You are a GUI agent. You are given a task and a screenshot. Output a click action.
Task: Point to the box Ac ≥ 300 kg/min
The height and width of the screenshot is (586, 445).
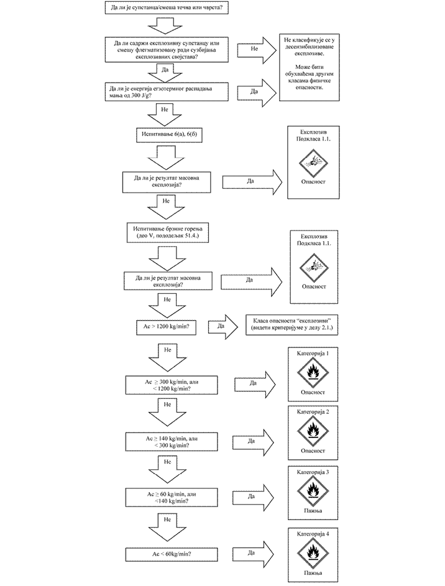click(171, 385)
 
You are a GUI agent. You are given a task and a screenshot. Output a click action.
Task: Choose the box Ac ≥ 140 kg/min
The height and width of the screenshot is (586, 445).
click(171, 441)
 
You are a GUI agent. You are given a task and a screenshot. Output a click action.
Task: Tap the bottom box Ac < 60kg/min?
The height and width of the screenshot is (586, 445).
click(171, 552)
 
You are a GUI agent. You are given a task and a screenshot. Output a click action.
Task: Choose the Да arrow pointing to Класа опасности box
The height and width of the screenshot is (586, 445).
click(222, 324)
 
